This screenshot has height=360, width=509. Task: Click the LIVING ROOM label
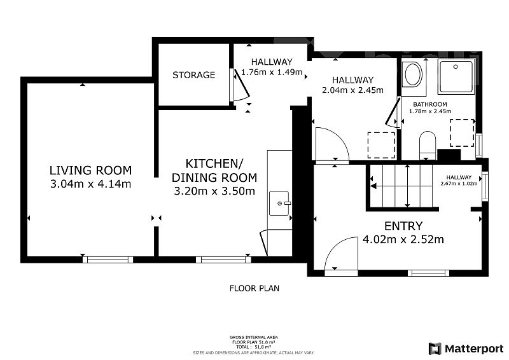click(90, 170)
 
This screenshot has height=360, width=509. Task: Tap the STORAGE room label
click(194, 75)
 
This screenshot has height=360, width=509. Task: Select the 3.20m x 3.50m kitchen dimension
click(214, 191)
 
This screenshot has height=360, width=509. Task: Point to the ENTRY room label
click(403, 226)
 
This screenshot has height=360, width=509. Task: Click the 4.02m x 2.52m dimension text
click(403, 240)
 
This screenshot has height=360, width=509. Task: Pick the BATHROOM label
click(430, 104)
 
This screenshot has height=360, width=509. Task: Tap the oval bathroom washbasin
click(412, 74)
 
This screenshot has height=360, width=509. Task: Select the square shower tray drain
click(456, 67)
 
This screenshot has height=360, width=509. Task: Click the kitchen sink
click(279, 204)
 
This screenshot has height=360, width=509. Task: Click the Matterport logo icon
click(435, 349)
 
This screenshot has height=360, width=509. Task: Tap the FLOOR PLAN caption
click(254, 288)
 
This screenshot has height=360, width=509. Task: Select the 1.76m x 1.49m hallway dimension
click(272, 72)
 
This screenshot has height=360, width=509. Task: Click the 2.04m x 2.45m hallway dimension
click(352, 90)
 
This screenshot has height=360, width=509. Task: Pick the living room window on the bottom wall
click(108, 260)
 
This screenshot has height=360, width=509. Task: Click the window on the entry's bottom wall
click(428, 273)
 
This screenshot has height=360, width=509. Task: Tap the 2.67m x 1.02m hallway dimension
click(459, 183)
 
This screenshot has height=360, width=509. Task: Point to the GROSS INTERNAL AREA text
click(253, 337)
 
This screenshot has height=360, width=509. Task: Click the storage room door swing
click(241, 85)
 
